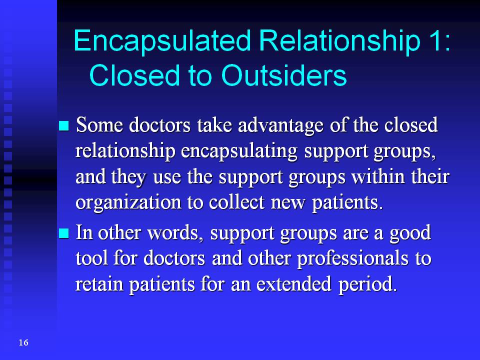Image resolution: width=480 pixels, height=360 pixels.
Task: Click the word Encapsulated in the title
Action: coord(162,41)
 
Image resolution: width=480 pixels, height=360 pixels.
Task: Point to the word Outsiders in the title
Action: coord(284,75)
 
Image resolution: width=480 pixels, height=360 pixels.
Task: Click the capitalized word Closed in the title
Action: coord(134,75)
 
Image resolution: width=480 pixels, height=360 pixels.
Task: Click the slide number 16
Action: coord(23,342)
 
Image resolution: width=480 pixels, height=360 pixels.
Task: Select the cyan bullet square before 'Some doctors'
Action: coord(63,125)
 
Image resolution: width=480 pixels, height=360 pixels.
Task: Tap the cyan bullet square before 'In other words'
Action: coord(63,233)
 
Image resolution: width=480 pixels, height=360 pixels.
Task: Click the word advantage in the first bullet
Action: coord(280,126)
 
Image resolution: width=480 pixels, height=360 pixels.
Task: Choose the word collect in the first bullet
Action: coord(236,202)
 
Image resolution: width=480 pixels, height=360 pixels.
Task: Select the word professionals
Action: coord(352,259)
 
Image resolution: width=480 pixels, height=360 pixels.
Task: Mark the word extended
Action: coord(294,284)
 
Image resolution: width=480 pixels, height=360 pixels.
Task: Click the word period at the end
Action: coord(367,284)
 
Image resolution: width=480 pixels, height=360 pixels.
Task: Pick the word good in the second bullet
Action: coord(410,233)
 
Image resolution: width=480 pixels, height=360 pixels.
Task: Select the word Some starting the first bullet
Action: coord(99,125)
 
